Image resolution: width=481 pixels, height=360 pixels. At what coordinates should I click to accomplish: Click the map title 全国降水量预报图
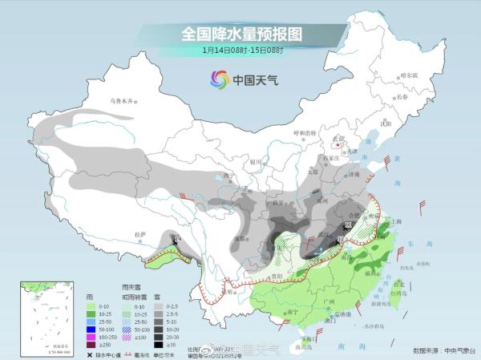pyautogui.click(x=240, y=34)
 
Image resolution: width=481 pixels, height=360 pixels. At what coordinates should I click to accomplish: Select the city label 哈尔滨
pyautogui.click(x=409, y=75)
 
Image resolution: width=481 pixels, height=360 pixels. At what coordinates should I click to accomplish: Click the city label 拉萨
pyautogui.click(x=141, y=234)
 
